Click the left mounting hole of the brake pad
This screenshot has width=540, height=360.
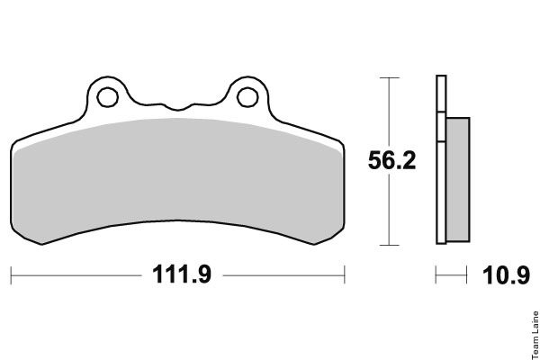pos(108,97)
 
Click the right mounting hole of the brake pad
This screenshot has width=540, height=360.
pos(247,97)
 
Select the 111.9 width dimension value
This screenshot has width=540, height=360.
pos(182,274)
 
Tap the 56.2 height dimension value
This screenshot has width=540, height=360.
pos(391,160)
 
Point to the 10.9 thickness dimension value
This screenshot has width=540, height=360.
pos(506,275)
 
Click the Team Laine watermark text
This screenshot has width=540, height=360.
pos(535,335)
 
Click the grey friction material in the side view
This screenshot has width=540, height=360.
pos(458,179)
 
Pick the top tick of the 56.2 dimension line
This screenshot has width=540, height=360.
pos(389,78)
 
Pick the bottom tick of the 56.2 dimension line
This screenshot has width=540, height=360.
pos(389,246)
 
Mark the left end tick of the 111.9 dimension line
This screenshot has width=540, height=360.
pos(11,275)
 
